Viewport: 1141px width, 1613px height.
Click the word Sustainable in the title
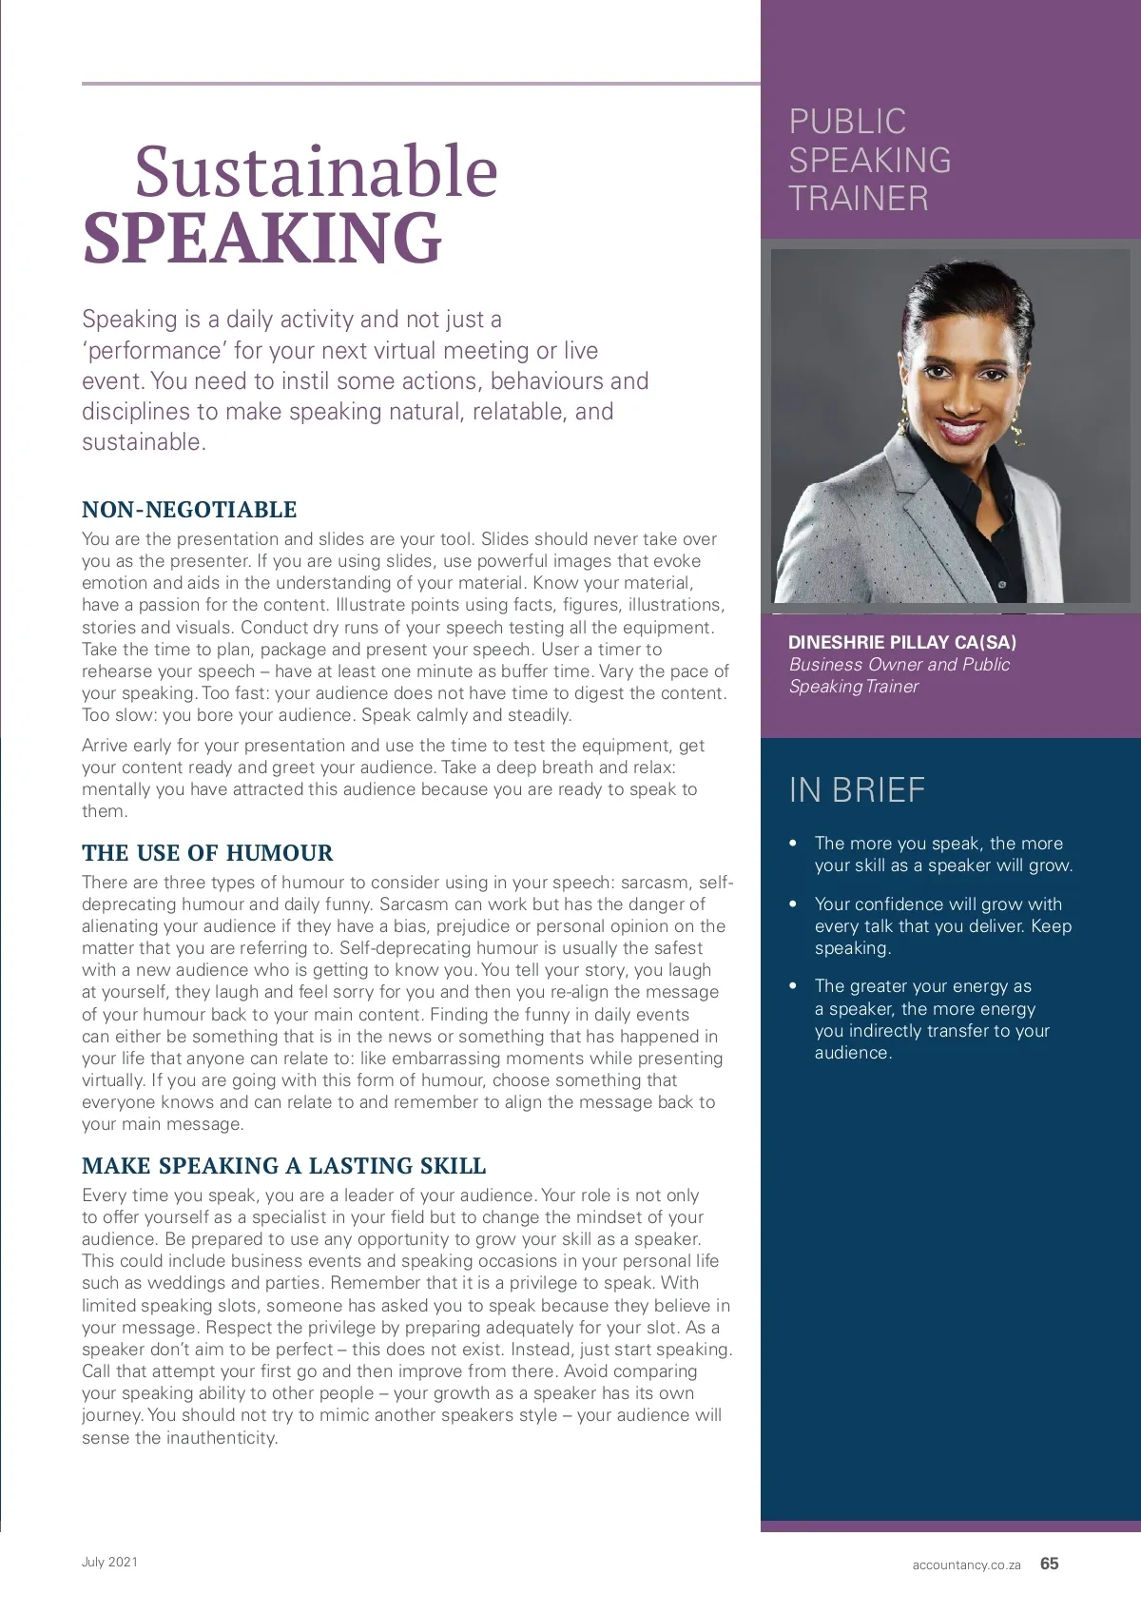316,172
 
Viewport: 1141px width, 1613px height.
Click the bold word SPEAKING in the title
262,238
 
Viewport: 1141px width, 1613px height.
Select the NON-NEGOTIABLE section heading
189,510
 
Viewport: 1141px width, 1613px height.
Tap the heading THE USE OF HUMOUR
207,853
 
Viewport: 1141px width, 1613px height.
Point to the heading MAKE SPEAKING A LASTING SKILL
283,1166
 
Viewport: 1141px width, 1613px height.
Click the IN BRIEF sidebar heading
857,790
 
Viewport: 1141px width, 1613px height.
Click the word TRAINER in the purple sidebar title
859,199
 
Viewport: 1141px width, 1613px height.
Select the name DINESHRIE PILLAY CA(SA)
902,643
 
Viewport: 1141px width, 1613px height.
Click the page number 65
1049,1564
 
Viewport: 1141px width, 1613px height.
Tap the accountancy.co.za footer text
966,1565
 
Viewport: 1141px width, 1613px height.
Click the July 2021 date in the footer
109,1562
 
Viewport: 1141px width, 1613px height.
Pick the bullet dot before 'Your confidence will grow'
793,904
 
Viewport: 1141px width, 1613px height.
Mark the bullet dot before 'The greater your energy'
793,986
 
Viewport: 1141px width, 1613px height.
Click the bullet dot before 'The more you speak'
793,844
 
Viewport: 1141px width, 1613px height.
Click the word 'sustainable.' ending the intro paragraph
144,442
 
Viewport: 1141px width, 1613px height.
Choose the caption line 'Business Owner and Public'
899,665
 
